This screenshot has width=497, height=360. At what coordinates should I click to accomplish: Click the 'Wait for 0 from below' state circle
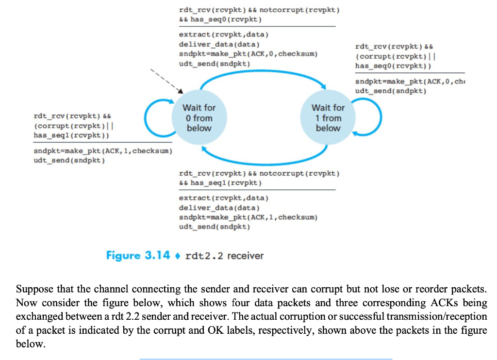(199, 118)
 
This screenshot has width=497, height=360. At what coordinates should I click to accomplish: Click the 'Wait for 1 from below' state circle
(328, 118)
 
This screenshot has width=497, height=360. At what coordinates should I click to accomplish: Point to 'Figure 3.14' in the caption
(138, 255)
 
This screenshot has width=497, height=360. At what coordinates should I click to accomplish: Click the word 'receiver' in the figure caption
(245, 256)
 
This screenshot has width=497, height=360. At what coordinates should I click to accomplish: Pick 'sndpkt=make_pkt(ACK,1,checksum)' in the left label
(102, 151)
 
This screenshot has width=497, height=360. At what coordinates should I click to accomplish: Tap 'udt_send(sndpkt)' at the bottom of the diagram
(215, 227)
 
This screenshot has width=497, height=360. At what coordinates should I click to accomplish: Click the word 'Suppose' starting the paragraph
(34, 289)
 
